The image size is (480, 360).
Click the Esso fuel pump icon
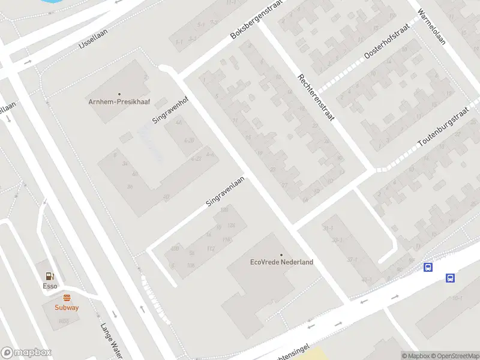tap(50, 277)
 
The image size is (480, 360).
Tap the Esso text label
tap(50, 286)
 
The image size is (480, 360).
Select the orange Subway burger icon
tap(67, 298)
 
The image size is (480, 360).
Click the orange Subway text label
tap(67, 307)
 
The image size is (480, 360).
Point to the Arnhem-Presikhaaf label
tap(119, 101)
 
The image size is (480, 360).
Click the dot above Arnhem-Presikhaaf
tap(119, 94)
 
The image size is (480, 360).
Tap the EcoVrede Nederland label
tap(281, 262)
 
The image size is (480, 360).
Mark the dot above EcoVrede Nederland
tap(281, 254)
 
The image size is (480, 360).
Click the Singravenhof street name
tap(170, 108)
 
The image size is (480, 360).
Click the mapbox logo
tap(26, 353)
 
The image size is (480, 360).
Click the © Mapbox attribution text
tap(415, 356)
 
